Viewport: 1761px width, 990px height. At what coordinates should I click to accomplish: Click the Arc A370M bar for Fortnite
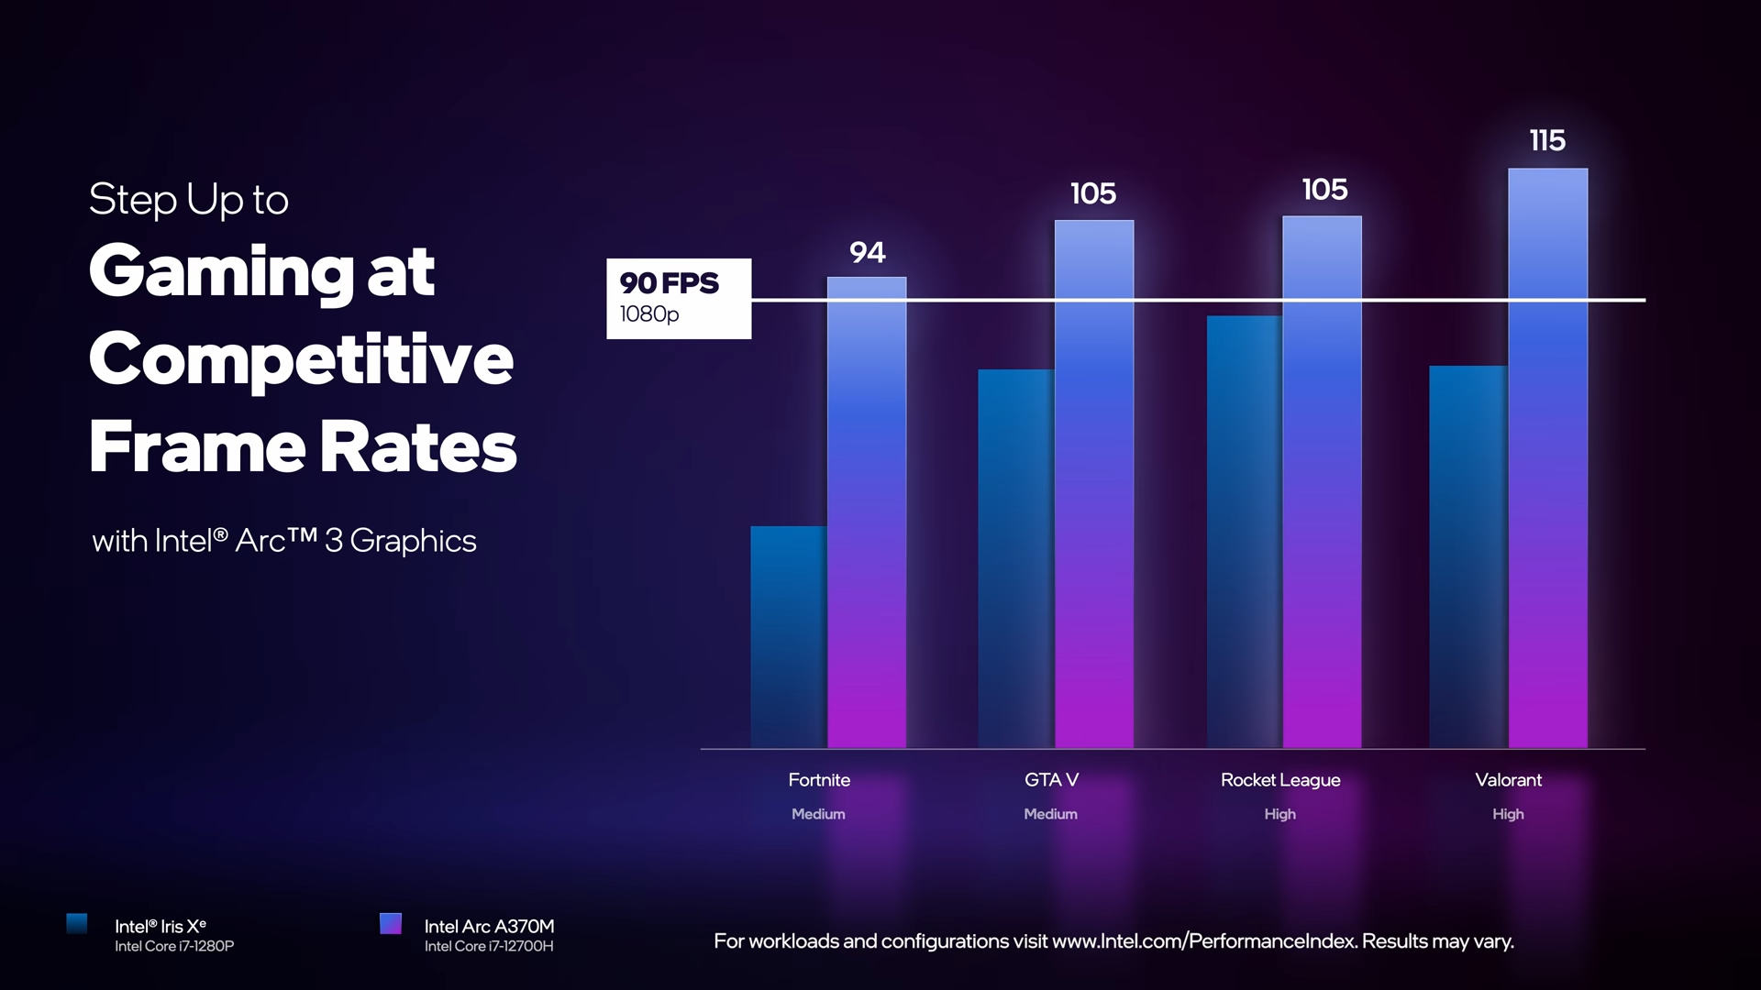pyautogui.click(x=867, y=513)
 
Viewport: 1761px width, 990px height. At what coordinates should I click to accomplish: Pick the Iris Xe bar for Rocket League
pyautogui.click(x=1245, y=532)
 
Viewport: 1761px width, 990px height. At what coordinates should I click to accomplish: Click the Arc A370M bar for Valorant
pyautogui.click(x=1548, y=458)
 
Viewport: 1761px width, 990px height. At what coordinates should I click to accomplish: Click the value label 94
pyautogui.click(x=868, y=252)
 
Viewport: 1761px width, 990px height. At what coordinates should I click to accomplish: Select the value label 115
pyautogui.click(x=1547, y=140)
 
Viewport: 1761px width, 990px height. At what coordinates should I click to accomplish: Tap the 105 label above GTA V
pyautogui.click(x=1093, y=193)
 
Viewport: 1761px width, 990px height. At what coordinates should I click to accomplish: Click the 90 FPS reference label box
pyautogui.click(x=679, y=299)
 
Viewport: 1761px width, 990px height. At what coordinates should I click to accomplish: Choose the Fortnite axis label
pyautogui.click(x=819, y=780)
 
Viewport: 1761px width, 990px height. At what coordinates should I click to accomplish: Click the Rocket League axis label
pyautogui.click(x=1280, y=780)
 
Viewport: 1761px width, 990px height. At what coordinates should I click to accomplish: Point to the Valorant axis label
pyautogui.click(x=1508, y=780)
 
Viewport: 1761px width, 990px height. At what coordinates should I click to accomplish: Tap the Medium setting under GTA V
pyautogui.click(x=1050, y=814)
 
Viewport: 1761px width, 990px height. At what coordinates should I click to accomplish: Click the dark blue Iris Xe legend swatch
pyautogui.click(x=77, y=923)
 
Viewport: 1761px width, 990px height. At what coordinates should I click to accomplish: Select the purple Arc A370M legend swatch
pyautogui.click(x=391, y=923)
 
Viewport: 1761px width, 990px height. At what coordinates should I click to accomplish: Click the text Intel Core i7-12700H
pyautogui.click(x=489, y=946)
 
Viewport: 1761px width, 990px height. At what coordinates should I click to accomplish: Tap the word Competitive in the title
pyautogui.click(x=301, y=359)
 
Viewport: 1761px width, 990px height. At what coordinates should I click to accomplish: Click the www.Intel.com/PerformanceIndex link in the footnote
pyautogui.click(x=1203, y=941)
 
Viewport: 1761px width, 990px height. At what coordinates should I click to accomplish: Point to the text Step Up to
pyautogui.click(x=189, y=200)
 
